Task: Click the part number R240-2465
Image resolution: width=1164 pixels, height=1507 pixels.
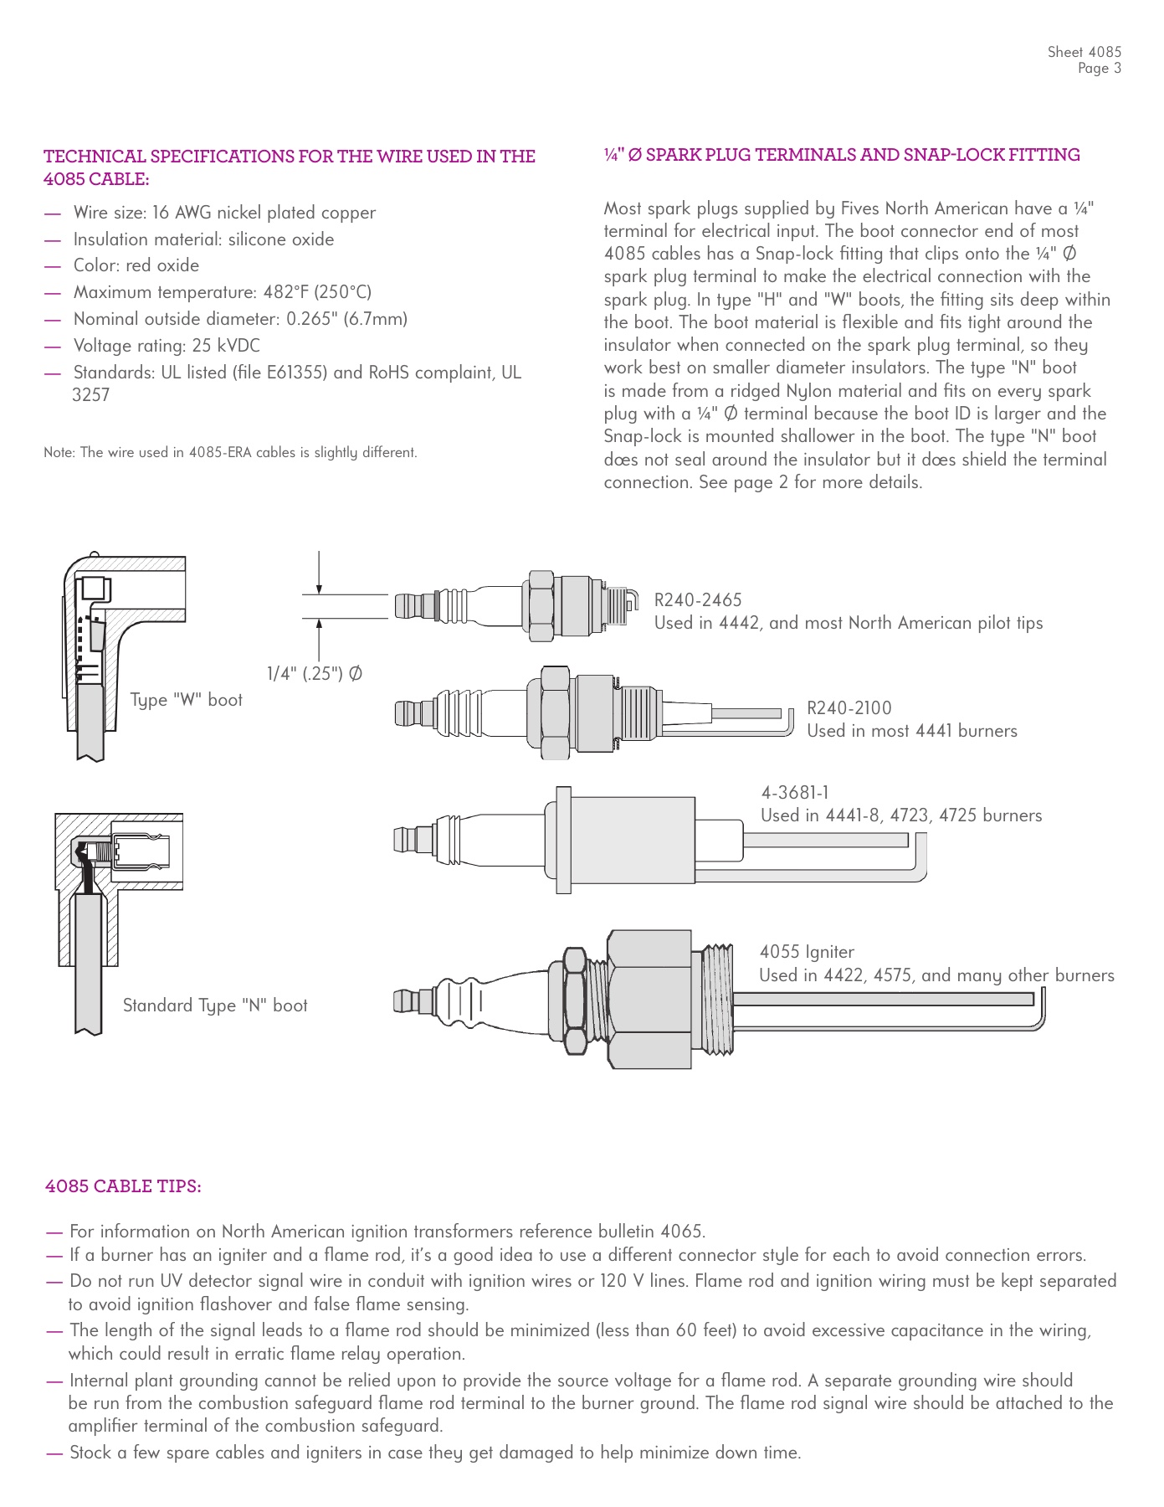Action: tap(697, 600)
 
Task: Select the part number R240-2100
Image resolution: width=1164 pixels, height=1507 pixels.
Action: tap(849, 708)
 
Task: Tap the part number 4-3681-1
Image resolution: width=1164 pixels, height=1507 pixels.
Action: tap(794, 793)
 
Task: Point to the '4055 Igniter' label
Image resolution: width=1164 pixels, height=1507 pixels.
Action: tap(807, 952)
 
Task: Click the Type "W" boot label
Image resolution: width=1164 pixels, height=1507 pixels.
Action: tap(186, 700)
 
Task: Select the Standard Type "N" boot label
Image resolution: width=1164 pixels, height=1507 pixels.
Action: tap(215, 1006)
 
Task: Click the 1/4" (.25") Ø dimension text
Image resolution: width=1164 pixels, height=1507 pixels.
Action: tap(315, 674)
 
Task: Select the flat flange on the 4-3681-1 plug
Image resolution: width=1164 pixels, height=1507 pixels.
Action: tap(563, 839)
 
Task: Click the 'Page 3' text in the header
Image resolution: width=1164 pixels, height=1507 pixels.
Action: tap(1099, 69)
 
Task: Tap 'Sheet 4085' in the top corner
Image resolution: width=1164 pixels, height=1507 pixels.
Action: tap(1084, 52)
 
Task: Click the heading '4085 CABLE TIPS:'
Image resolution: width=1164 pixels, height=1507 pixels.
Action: tap(123, 1186)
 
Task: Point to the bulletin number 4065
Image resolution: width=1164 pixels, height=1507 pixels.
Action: tap(681, 1232)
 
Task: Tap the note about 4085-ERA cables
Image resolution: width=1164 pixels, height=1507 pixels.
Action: tap(230, 453)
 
